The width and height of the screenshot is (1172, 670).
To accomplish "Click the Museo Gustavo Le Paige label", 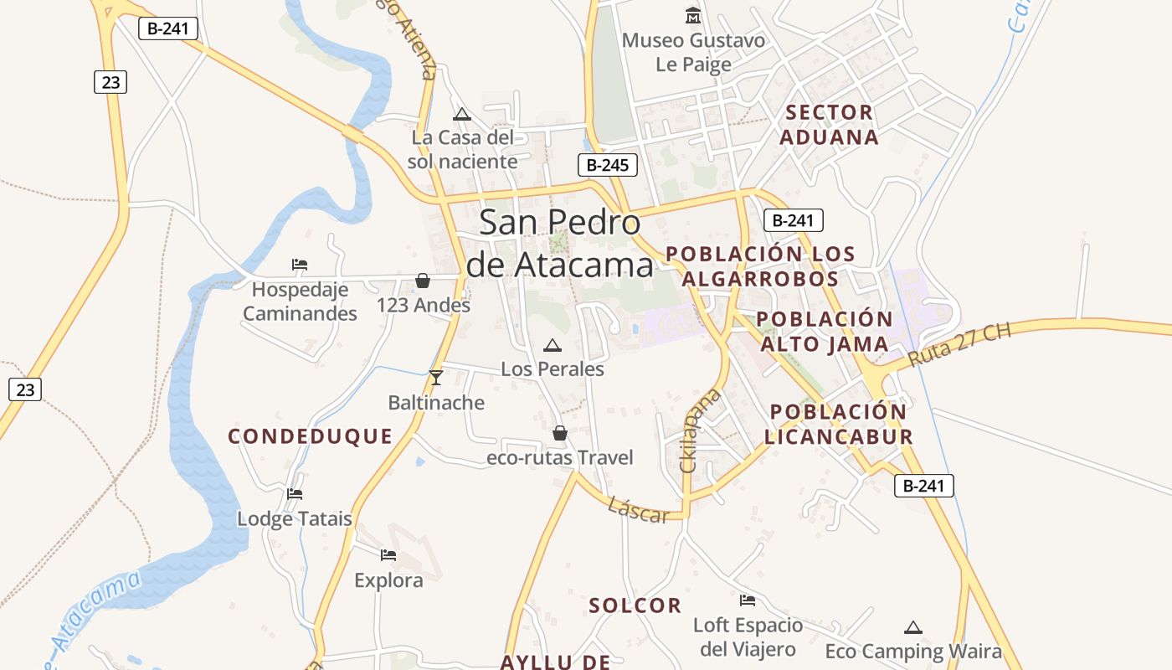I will tap(693, 52).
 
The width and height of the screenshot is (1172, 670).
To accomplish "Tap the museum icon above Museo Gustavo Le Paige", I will tap(693, 15).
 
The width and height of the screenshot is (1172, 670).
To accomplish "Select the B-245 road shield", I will tap(607, 165).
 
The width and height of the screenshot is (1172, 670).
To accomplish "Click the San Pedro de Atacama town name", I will tap(559, 244).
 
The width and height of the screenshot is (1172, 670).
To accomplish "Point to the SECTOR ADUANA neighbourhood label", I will tap(830, 125).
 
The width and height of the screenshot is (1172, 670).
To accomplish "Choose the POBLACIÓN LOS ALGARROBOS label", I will tap(760, 265).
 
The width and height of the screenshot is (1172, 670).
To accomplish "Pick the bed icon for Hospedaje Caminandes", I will tap(300, 265).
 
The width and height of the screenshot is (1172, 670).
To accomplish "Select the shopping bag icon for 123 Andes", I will tap(423, 281).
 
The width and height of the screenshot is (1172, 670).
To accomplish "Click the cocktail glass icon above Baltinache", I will tap(435, 378).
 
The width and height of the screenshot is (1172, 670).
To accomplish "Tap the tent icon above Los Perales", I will tap(553, 345).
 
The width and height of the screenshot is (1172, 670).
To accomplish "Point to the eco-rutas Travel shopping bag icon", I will tap(560, 433).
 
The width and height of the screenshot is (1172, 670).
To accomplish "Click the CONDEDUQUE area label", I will tap(311, 436).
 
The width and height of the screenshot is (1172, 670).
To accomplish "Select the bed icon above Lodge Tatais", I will tap(295, 493).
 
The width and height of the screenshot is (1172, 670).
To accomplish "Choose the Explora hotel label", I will tap(388, 580).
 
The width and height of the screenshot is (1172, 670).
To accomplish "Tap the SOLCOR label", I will tap(635, 606).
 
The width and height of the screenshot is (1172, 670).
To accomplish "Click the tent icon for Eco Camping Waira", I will tap(913, 627).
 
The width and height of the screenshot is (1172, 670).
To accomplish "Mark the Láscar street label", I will tap(638, 509).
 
